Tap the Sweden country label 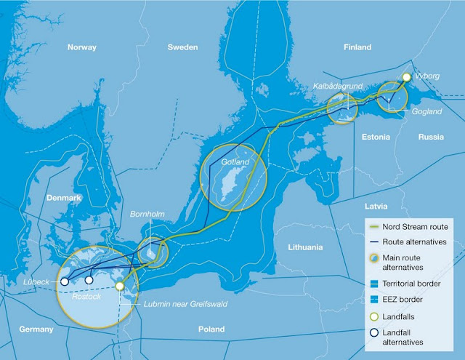[x=182, y=47]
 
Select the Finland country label [x=356, y=47]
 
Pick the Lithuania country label [x=304, y=247]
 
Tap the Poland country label [x=211, y=329]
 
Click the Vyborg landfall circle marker [x=407, y=76]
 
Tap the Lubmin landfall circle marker [x=120, y=287]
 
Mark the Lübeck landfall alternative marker [x=65, y=281]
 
